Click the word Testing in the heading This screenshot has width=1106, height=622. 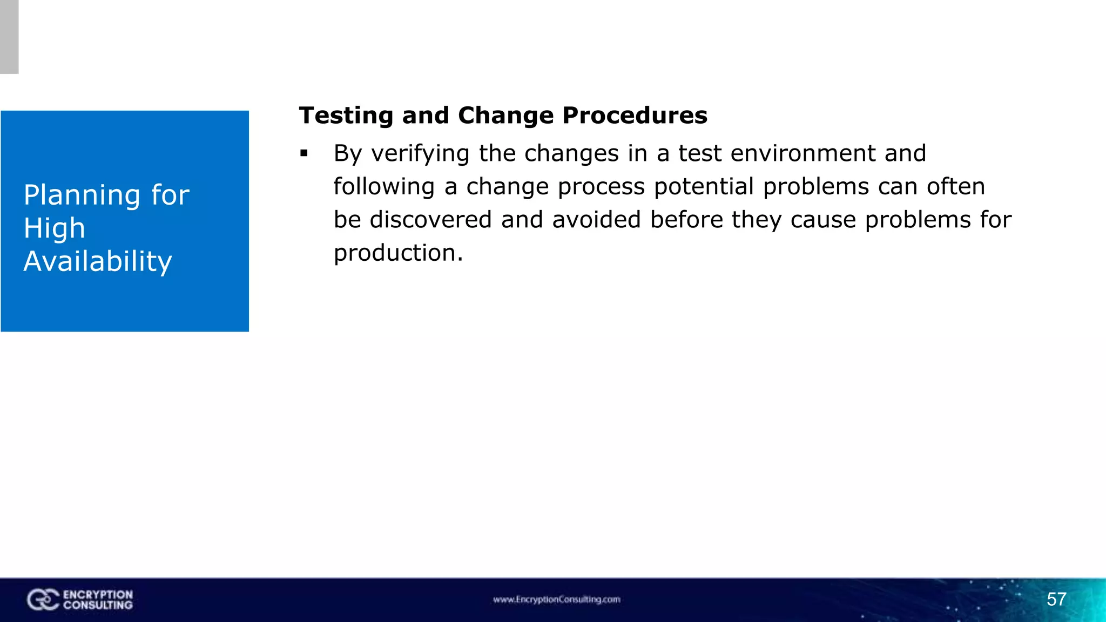tap(346, 116)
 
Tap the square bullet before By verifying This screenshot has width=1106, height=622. tap(304, 154)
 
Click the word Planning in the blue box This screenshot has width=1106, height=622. tap(83, 195)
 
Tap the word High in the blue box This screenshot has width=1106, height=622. tap(54, 228)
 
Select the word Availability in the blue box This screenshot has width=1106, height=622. tap(98, 261)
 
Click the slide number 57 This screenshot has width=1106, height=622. tap(1056, 599)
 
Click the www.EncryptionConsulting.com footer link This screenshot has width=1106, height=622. tap(556, 599)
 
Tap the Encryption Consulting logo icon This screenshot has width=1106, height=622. tap(43, 600)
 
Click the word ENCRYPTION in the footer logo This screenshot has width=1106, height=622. tap(98, 594)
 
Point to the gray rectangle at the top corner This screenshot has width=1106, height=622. tap(9, 37)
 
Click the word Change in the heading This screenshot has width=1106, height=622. tap(505, 116)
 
